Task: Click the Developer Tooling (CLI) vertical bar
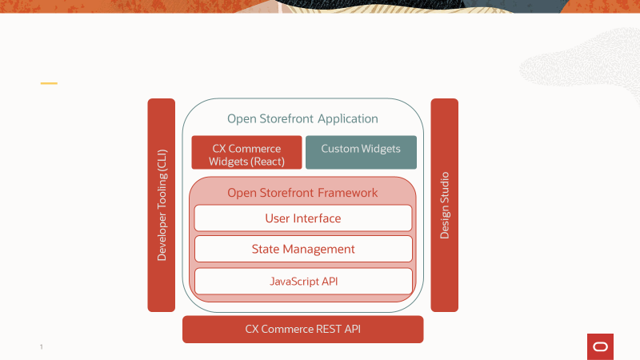(161, 205)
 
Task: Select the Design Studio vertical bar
(445, 205)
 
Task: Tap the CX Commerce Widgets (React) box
(246, 152)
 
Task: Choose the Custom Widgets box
(361, 152)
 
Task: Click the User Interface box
(303, 218)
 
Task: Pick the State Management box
(303, 249)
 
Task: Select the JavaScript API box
(303, 281)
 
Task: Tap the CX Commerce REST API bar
(302, 329)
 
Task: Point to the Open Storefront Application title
(302, 118)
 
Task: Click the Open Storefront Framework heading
(302, 193)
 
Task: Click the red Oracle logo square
(600, 346)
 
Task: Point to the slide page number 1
(41, 347)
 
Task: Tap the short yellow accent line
(49, 83)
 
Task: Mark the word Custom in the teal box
(340, 149)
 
